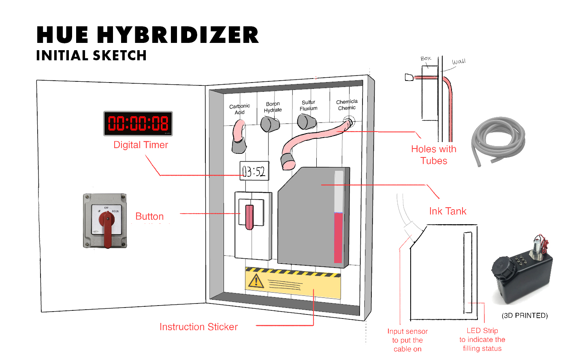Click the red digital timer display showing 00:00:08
coord(138,123)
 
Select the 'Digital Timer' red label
coord(141,145)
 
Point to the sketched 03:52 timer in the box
coord(254,171)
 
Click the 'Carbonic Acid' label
coord(239,109)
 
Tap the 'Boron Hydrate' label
coord(273,107)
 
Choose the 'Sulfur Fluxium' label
coord(308,105)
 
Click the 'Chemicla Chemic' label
coord(347,105)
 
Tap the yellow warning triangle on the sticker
coord(256,280)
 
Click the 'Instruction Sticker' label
coord(198,327)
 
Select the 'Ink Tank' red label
coord(448,211)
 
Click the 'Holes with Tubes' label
coord(434,155)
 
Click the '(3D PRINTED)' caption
coord(524,316)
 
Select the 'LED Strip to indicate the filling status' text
coord(482,340)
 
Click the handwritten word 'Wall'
coord(459,62)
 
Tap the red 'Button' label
coord(149,217)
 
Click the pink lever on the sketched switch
coord(249,217)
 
